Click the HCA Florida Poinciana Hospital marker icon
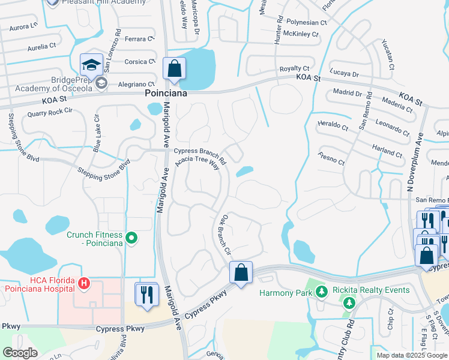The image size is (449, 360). [x=84, y=282]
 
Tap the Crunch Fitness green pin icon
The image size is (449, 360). [x=133, y=239]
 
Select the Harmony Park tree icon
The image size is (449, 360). [x=322, y=292]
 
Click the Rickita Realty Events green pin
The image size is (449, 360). [x=346, y=303]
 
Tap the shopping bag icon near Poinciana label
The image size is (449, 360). [x=174, y=69]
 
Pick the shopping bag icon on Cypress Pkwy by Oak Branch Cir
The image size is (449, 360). [x=241, y=273]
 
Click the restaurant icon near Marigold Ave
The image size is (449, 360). [x=146, y=294]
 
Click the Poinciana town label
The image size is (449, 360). [x=166, y=94]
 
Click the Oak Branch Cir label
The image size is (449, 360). [x=223, y=235]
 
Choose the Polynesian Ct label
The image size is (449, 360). [x=306, y=22]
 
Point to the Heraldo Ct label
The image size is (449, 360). [x=332, y=126]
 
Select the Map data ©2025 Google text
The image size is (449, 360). [x=411, y=355]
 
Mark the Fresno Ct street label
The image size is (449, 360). [x=331, y=160]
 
